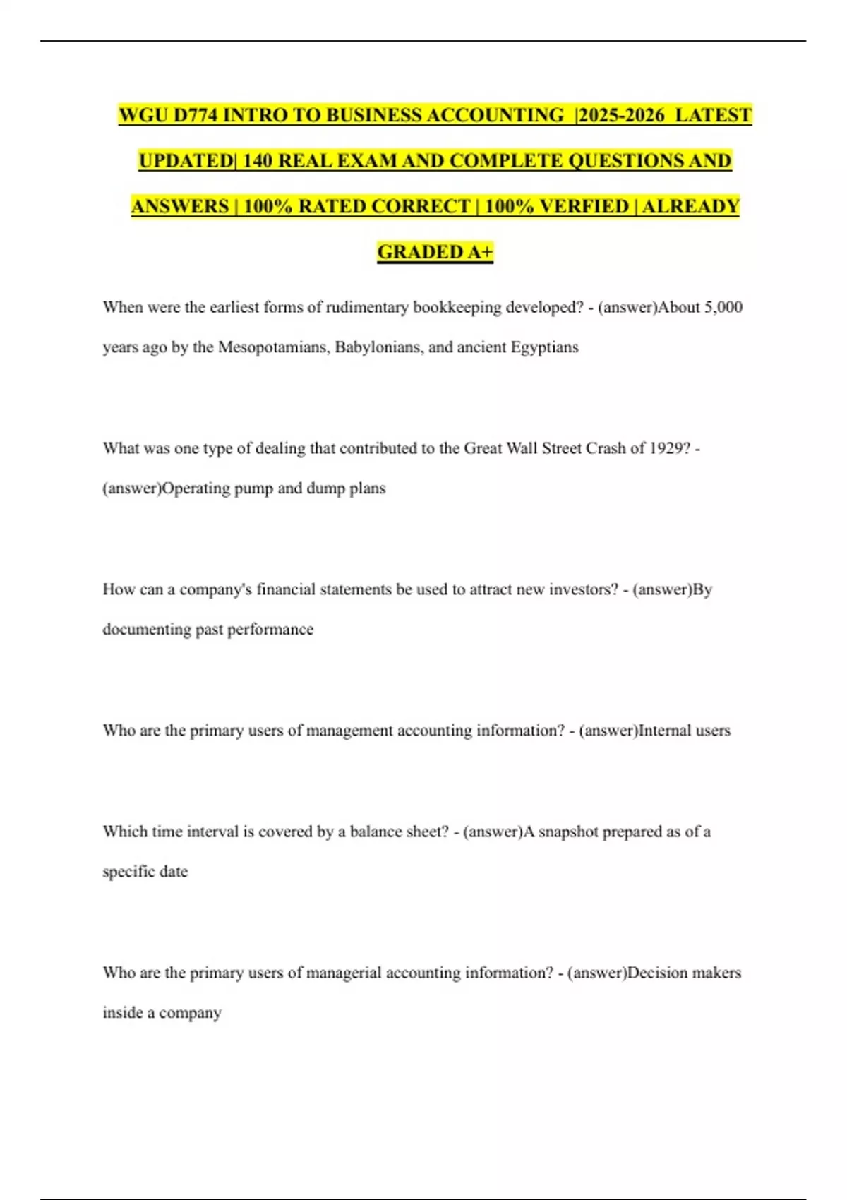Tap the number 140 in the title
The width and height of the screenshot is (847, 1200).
pyautogui.click(x=258, y=161)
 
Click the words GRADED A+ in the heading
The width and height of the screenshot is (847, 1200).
pyautogui.click(x=435, y=252)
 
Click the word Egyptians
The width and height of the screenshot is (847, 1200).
pyautogui.click(x=544, y=347)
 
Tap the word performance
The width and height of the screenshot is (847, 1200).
pyautogui.click(x=270, y=630)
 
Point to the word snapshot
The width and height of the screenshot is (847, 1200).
pyautogui.click(x=572, y=832)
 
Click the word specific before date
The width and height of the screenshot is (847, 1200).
pyautogui.click(x=129, y=872)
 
